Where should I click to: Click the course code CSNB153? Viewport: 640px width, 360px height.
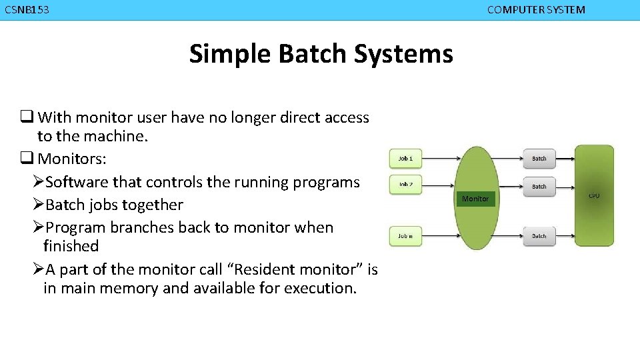pyautogui.click(x=27, y=10)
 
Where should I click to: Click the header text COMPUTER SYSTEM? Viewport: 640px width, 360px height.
pyautogui.click(x=536, y=10)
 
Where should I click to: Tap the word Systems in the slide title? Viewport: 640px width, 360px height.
pyautogui.click(x=403, y=53)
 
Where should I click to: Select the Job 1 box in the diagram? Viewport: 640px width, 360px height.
pyautogui.click(x=405, y=159)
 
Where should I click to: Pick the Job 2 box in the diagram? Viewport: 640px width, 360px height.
pyautogui.click(x=405, y=184)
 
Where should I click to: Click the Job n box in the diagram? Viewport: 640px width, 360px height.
pyautogui.click(x=405, y=236)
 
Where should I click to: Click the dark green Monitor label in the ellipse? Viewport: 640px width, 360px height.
pyautogui.click(x=475, y=199)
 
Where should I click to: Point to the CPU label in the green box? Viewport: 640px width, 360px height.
pyautogui.click(x=593, y=196)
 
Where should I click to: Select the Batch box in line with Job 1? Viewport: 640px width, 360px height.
pyautogui.click(x=539, y=159)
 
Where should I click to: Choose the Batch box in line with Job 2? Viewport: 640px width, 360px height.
pyautogui.click(x=539, y=187)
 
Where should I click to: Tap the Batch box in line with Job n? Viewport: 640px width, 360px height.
pyautogui.click(x=539, y=236)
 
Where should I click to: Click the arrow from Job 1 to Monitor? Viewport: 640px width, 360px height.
pyautogui.click(x=440, y=159)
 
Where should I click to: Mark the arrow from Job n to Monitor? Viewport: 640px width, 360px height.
pyautogui.click(x=440, y=236)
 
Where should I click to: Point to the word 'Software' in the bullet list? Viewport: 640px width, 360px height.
pyautogui.click(x=77, y=182)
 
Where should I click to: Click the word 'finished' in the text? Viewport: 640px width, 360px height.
pyautogui.click(x=71, y=246)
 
